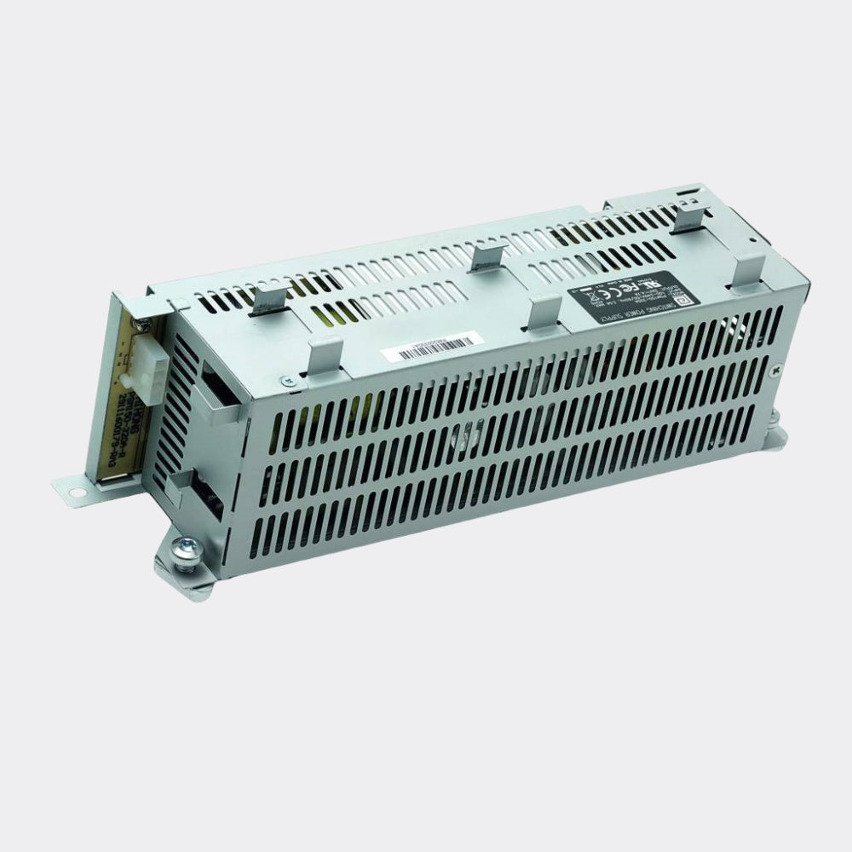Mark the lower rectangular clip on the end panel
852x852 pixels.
(x=189, y=492)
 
